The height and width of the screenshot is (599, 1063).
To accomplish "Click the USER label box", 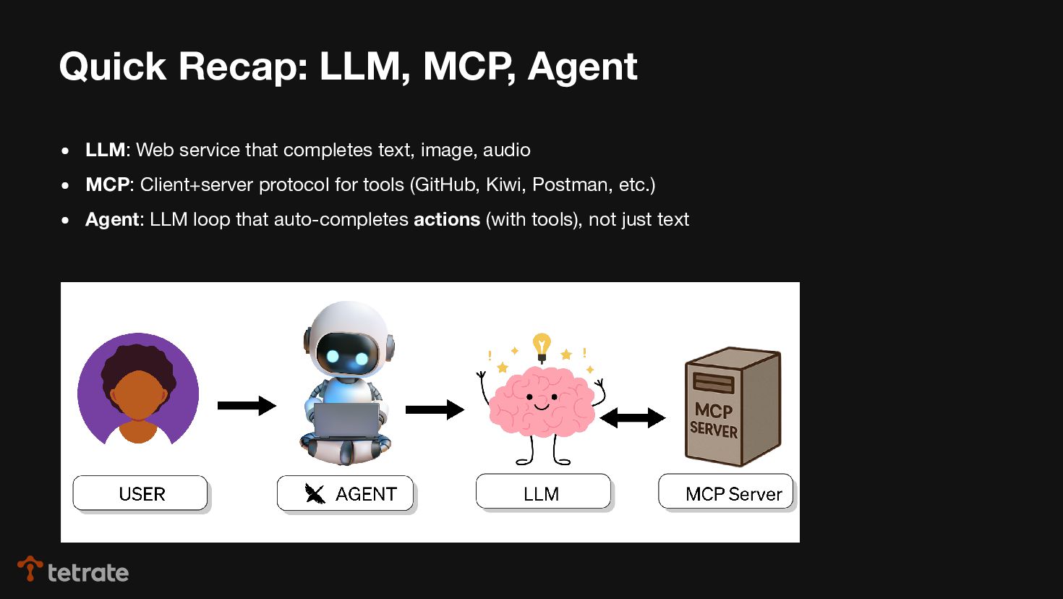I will [x=140, y=493].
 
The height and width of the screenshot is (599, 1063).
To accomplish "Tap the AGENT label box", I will [x=345, y=493].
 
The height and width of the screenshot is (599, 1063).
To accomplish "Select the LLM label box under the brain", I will [x=543, y=492].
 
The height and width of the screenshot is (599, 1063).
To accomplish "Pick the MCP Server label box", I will [x=725, y=492].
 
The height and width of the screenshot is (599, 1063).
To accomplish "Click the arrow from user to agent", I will [x=247, y=406].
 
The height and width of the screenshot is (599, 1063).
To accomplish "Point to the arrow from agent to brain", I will [x=434, y=409].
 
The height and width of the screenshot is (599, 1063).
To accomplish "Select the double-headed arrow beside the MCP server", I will [x=632, y=417].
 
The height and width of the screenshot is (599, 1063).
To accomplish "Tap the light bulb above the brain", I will [x=542, y=346].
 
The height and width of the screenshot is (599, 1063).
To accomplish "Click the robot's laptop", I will [x=346, y=420].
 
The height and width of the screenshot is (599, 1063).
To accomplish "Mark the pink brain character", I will [x=542, y=402].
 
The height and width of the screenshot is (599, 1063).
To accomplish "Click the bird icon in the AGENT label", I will [x=315, y=493].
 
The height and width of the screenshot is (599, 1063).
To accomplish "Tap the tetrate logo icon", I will [x=30, y=568].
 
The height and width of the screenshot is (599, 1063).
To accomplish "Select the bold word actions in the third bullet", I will [x=447, y=219].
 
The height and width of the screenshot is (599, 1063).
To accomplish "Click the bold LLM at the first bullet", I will [x=105, y=150].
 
